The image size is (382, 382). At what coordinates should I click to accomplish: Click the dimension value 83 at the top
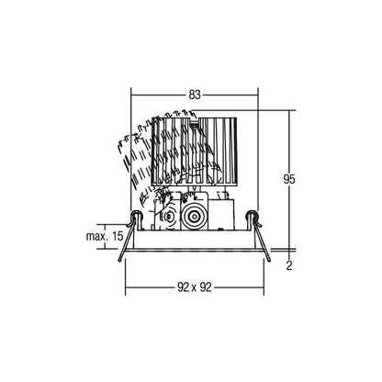(x=195, y=95)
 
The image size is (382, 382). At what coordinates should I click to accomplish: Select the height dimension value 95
(x=289, y=179)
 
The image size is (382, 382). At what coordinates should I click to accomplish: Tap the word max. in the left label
(x=95, y=236)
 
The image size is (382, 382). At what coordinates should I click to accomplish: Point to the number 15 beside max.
(x=118, y=236)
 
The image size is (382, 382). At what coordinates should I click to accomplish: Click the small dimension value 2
(x=289, y=265)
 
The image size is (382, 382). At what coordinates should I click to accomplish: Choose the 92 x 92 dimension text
(x=195, y=287)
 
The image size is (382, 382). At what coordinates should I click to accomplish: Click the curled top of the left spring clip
(x=136, y=215)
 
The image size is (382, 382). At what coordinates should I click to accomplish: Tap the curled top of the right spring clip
(x=252, y=215)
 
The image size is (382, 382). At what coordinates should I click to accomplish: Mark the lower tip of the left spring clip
(x=120, y=260)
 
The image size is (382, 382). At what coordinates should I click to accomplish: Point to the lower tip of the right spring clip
(x=269, y=260)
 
